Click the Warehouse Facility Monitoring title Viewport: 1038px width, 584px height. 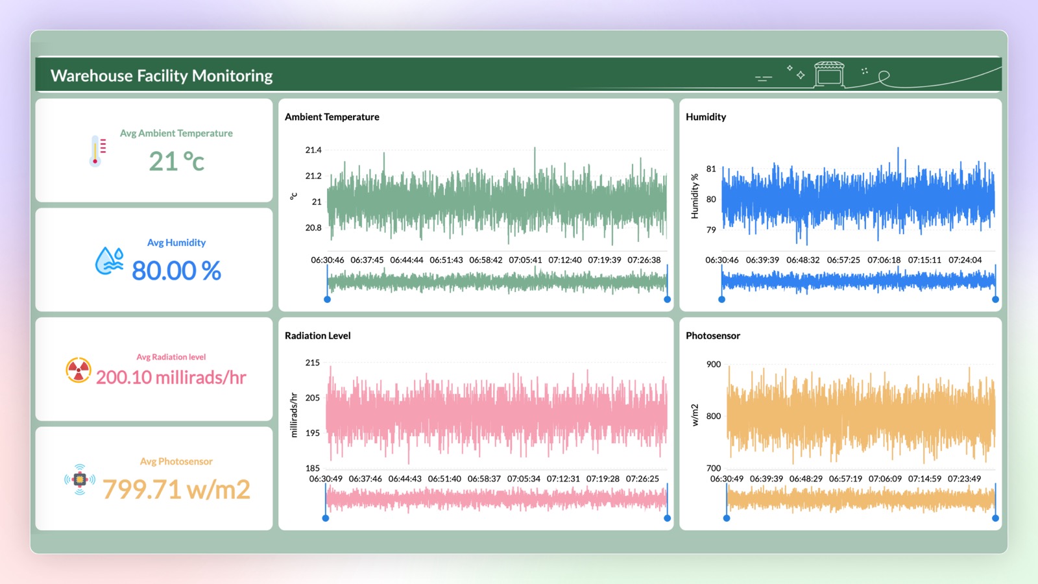pyautogui.click(x=162, y=75)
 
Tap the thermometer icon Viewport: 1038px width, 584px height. pyautogui.click(x=97, y=151)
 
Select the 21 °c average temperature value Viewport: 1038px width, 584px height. pyautogui.click(x=176, y=162)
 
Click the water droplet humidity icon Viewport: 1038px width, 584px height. pyautogui.click(x=110, y=260)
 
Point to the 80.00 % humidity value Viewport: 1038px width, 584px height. pyautogui.click(x=176, y=270)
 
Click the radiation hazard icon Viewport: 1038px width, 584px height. pyautogui.click(x=78, y=370)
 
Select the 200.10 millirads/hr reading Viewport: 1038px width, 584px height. pyautogui.click(x=171, y=377)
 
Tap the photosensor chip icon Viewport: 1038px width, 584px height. pyautogui.click(x=80, y=479)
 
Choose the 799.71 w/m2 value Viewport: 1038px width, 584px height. pyautogui.click(x=176, y=489)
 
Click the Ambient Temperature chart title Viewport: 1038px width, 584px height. pyautogui.click(x=332, y=117)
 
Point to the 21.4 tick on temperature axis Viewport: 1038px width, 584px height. pyautogui.click(x=313, y=150)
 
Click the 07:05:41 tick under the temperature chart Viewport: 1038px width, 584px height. pyautogui.click(x=525, y=260)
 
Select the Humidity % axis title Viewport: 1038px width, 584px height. pyautogui.click(x=694, y=196)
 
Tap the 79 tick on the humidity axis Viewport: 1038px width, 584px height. pyautogui.click(x=711, y=230)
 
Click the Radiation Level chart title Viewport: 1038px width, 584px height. pyautogui.click(x=317, y=335)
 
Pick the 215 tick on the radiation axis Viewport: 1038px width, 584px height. pyautogui.click(x=312, y=363)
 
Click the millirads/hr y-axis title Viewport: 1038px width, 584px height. pyautogui.click(x=294, y=415)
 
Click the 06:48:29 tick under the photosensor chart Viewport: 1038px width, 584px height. pyautogui.click(x=806, y=479)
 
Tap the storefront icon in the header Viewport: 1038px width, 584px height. pyautogui.click(x=829, y=74)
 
